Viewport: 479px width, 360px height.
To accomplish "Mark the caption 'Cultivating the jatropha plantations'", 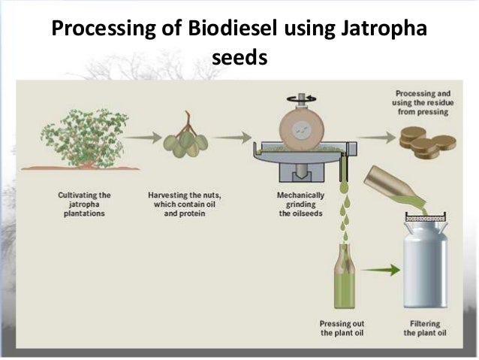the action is pyautogui.click(x=83, y=203).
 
